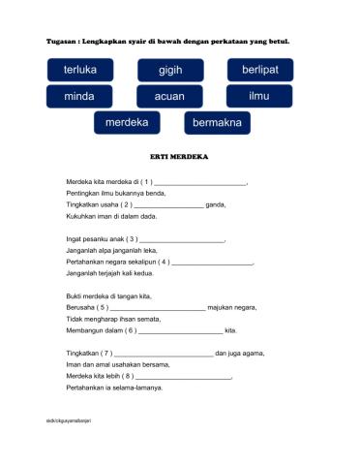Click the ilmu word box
(x=259, y=97)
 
